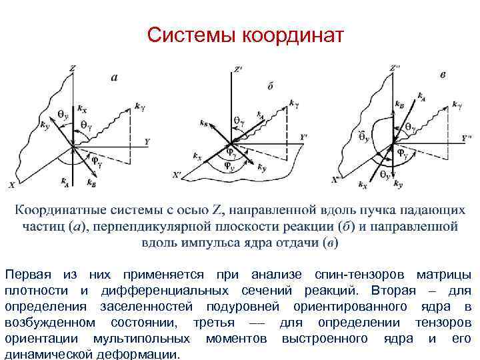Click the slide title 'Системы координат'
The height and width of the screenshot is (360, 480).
(245, 34)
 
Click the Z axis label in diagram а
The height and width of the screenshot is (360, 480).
(71, 67)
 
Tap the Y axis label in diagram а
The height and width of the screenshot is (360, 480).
(147, 141)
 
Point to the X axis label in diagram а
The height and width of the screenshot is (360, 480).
(11, 184)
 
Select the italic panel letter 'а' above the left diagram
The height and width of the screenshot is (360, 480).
(114, 77)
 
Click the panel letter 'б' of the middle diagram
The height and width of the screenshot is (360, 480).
(270, 85)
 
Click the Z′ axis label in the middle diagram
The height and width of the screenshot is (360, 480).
(238, 68)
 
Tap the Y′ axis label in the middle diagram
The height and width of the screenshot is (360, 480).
(304, 137)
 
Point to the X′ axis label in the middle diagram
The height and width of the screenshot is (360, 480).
(176, 176)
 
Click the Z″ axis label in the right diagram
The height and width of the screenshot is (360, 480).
(395, 67)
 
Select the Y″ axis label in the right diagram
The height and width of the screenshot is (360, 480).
(467, 138)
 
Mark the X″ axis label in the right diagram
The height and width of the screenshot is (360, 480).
(338, 179)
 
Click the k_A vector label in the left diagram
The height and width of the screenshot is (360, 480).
(63, 180)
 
